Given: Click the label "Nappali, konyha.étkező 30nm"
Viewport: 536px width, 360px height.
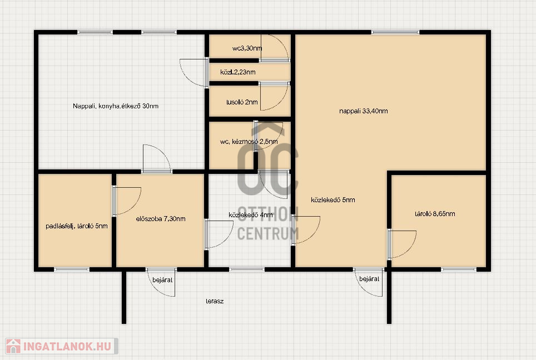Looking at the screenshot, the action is [x=116, y=106].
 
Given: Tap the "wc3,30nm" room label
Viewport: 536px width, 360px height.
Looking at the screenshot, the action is [x=247, y=48].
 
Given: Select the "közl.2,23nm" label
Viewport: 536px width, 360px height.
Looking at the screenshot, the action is [x=238, y=72].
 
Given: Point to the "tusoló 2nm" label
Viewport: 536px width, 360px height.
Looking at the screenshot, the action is [x=242, y=102].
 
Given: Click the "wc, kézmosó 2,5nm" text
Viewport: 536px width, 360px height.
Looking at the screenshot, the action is [x=249, y=142].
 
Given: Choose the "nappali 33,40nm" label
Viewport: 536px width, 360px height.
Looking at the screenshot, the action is [x=364, y=111].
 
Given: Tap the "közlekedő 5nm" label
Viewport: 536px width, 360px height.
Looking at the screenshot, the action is [x=333, y=200].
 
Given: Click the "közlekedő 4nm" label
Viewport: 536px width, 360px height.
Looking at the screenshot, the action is [x=251, y=215].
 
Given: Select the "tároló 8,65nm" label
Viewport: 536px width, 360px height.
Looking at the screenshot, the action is [x=435, y=214].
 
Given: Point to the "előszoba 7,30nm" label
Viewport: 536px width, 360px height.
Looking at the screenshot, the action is [x=161, y=218].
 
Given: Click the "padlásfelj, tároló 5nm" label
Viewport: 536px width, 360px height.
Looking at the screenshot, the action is [x=77, y=226].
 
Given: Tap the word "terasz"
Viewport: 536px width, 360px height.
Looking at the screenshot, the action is [x=215, y=301].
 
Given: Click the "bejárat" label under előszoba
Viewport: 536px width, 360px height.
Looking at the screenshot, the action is [x=162, y=280].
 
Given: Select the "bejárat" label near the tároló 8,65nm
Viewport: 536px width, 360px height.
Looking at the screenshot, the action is [x=369, y=279].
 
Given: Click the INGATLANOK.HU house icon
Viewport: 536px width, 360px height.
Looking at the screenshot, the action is [x=13, y=346].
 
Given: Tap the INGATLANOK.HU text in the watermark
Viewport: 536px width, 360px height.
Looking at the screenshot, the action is [x=68, y=346].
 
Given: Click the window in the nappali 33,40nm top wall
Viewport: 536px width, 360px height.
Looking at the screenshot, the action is [x=395, y=32].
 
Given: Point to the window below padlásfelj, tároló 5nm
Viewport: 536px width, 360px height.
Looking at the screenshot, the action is [x=72, y=269].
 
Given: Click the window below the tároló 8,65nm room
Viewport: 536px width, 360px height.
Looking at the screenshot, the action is [x=458, y=269].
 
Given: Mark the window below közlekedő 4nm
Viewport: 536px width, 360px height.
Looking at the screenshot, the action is [x=247, y=269].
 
